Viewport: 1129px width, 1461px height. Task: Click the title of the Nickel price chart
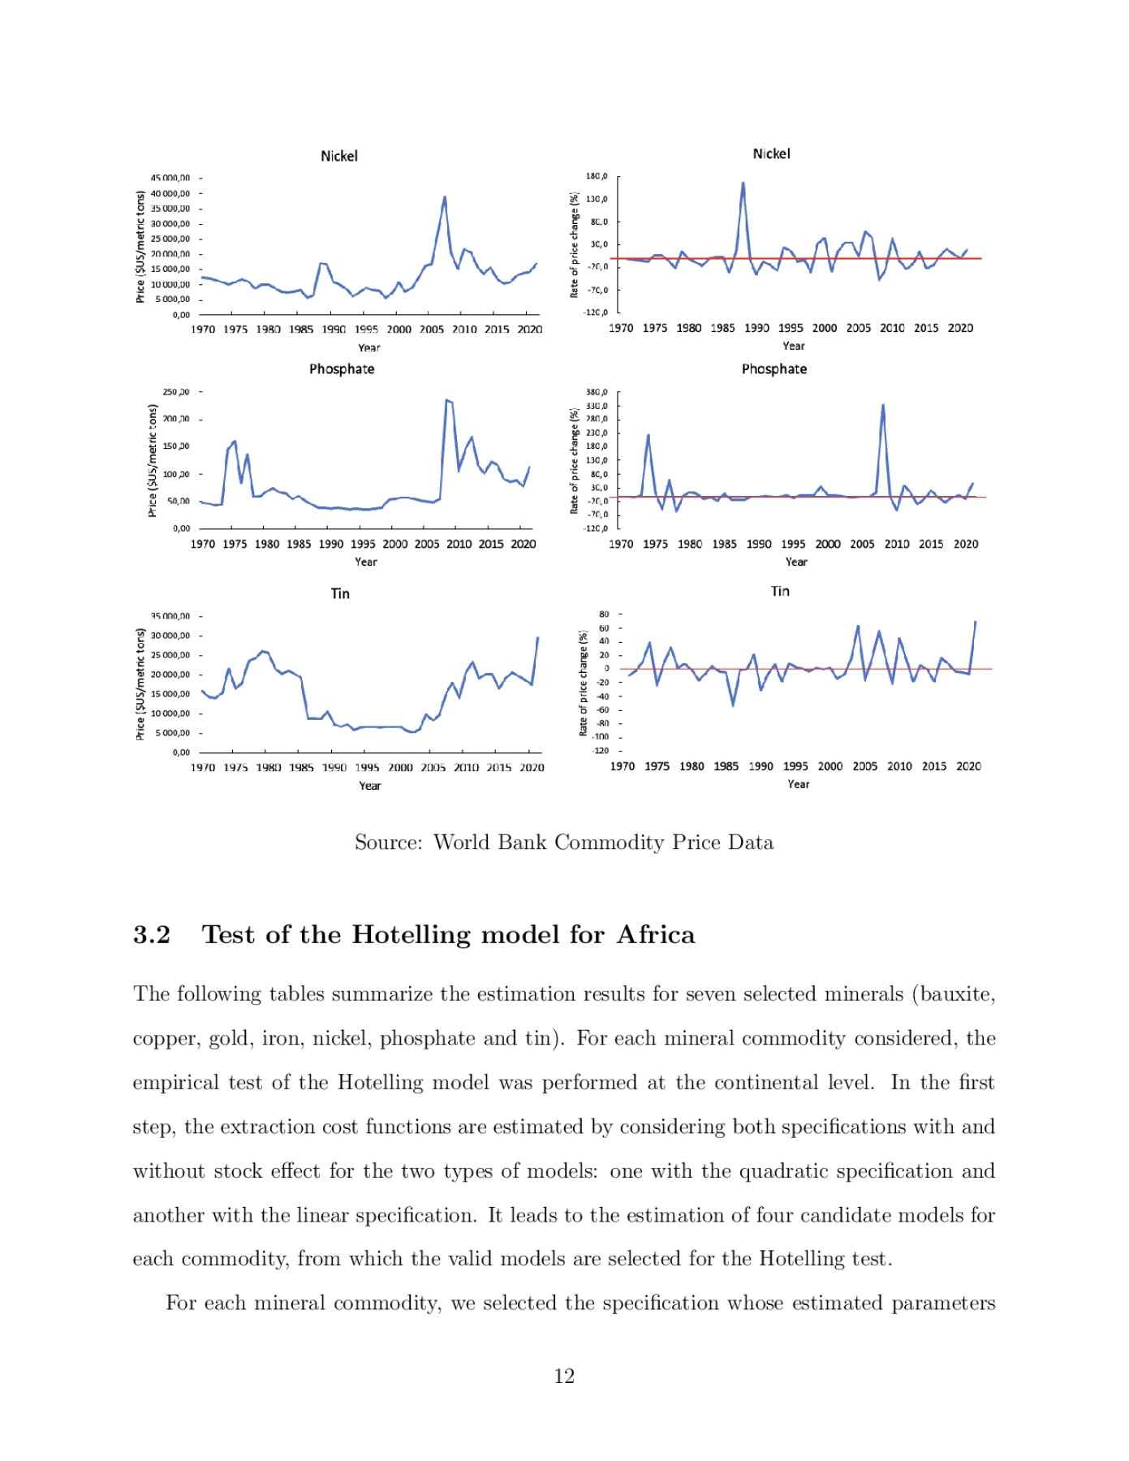point(338,156)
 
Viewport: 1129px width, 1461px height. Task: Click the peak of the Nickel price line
point(444,196)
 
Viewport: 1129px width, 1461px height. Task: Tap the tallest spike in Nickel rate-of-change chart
point(743,183)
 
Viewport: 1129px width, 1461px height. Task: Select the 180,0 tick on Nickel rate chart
point(597,176)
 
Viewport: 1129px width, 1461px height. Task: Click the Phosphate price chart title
point(342,368)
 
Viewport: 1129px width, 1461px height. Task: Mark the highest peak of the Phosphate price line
point(446,399)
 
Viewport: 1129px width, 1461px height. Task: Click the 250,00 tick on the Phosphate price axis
point(175,392)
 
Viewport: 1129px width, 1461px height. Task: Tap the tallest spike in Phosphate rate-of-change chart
point(883,405)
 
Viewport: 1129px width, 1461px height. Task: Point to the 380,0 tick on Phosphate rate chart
point(597,392)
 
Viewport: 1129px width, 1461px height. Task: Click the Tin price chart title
point(340,593)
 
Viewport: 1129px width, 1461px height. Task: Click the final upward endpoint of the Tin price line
point(537,638)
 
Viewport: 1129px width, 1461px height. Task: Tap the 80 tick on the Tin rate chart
point(604,614)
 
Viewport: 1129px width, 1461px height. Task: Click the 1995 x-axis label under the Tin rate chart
point(795,766)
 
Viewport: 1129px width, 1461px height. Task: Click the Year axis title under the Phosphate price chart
point(365,562)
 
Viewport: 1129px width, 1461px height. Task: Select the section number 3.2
point(152,934)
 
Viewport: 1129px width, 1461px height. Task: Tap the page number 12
point(564,1376)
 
